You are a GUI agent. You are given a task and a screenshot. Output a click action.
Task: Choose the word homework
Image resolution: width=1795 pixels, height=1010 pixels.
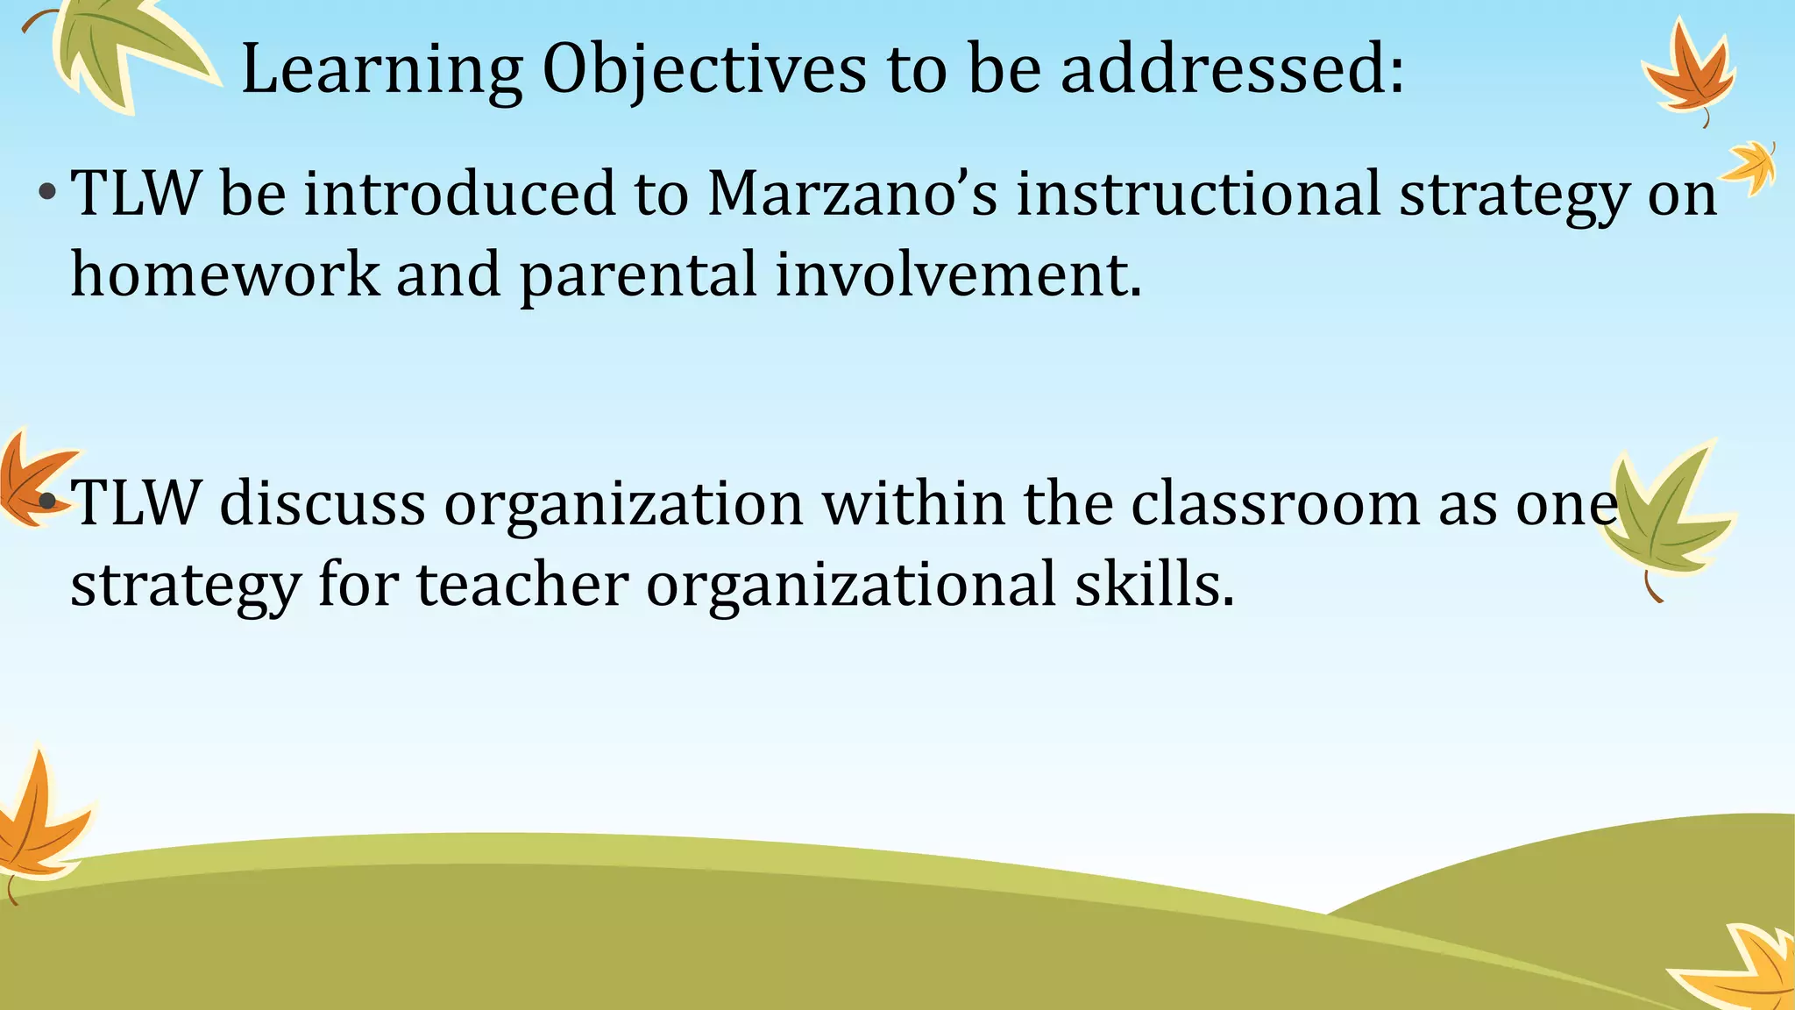[225, 274]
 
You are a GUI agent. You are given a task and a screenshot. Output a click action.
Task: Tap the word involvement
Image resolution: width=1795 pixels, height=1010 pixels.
[959, 274]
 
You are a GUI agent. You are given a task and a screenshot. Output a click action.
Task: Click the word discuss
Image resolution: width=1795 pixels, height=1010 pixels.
[323, 504]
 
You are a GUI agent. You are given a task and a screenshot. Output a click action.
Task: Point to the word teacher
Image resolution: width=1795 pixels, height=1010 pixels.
[522, 585]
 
